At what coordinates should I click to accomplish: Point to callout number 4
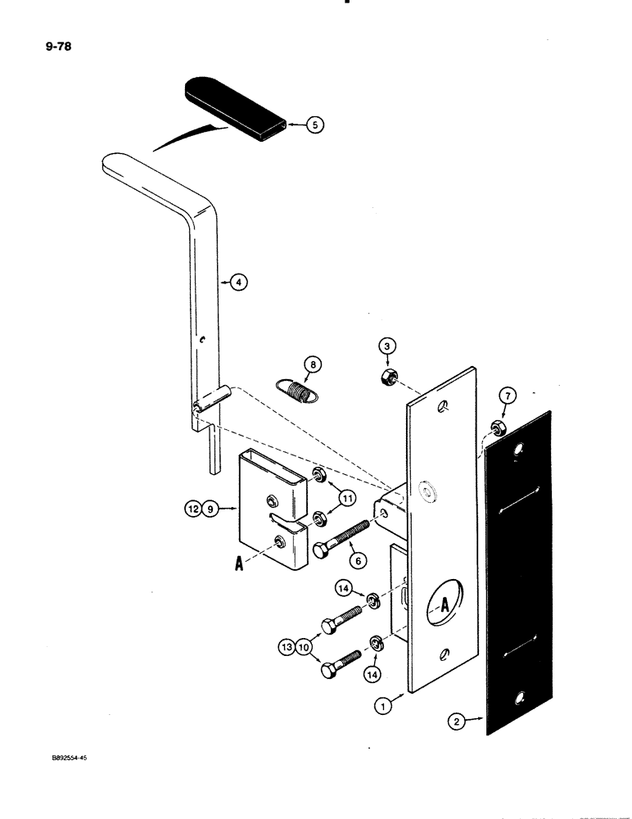click(x=238, y=283)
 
